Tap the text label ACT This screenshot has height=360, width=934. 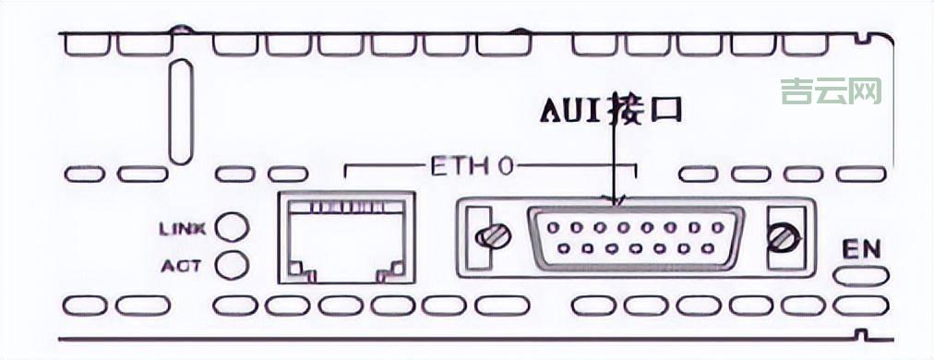(181, 266)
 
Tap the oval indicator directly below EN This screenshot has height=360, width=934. (863, 275)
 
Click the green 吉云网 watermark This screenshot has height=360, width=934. (831, 90)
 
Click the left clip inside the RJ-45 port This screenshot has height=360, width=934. (301, 270)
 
